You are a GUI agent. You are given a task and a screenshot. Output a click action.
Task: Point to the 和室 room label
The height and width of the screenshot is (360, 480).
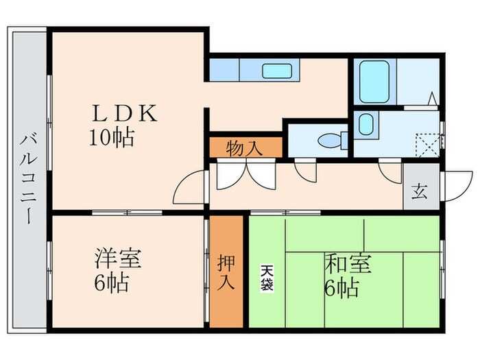[x=348, y=264]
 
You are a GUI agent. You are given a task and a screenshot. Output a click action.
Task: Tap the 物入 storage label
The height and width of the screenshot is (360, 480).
[x=245, y=147]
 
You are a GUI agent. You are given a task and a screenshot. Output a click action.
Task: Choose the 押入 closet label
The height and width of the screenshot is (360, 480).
[x=226, y=271]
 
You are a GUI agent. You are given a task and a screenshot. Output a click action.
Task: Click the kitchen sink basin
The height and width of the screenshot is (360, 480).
[x=277, y=71]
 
